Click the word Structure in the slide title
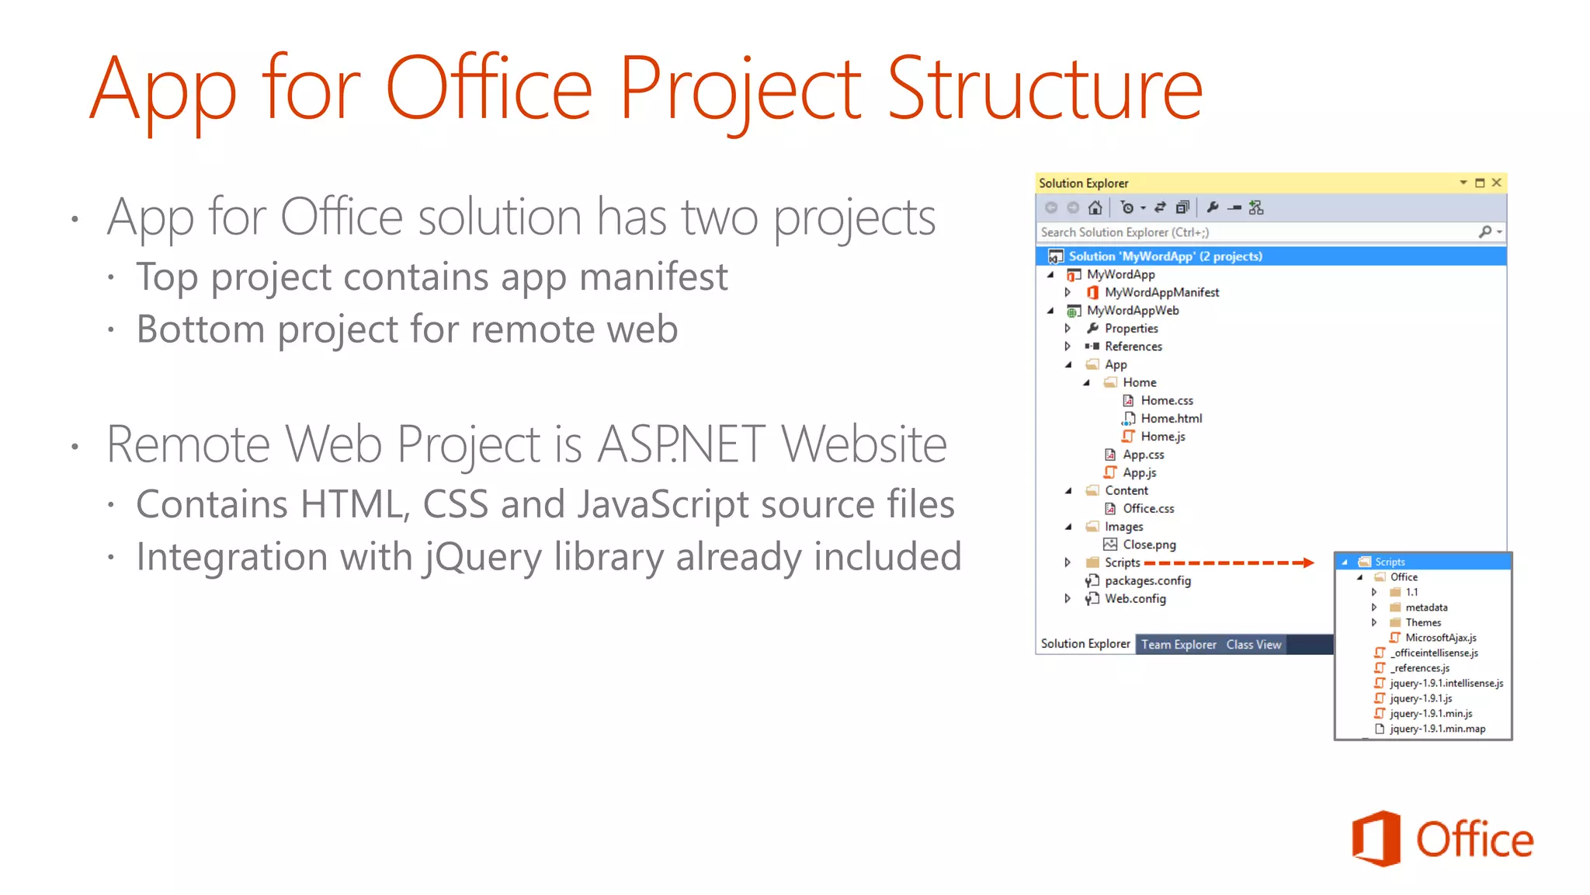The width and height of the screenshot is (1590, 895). [1044, 89]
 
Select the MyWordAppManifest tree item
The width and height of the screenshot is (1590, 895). [1161, 293]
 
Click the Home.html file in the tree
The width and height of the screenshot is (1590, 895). [1171, 419]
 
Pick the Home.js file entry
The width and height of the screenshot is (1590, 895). [1162, 437]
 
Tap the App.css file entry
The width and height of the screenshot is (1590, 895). [1143, 455]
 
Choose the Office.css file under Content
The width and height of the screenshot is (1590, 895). [1148, 509]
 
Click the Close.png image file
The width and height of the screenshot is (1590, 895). [1149, 545]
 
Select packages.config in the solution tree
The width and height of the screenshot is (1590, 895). [1147, 581]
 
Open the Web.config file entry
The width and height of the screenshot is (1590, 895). [1135, 599]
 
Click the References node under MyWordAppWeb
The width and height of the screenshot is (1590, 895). [1133, 347]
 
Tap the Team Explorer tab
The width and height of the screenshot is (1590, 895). [1179, 645]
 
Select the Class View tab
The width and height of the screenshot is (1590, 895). [1253, 645]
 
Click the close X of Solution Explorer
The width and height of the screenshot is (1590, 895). [1497, 183]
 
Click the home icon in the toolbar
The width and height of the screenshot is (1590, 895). [1095, 207]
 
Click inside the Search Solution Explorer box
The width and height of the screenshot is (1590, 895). [1242, 232]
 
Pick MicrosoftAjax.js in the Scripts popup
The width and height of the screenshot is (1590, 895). [1440, 638]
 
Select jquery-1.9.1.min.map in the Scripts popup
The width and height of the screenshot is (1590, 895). [1437, 730]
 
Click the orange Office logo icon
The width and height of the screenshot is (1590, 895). [1376, 839]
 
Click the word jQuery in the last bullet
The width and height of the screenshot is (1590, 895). [482, 558]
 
